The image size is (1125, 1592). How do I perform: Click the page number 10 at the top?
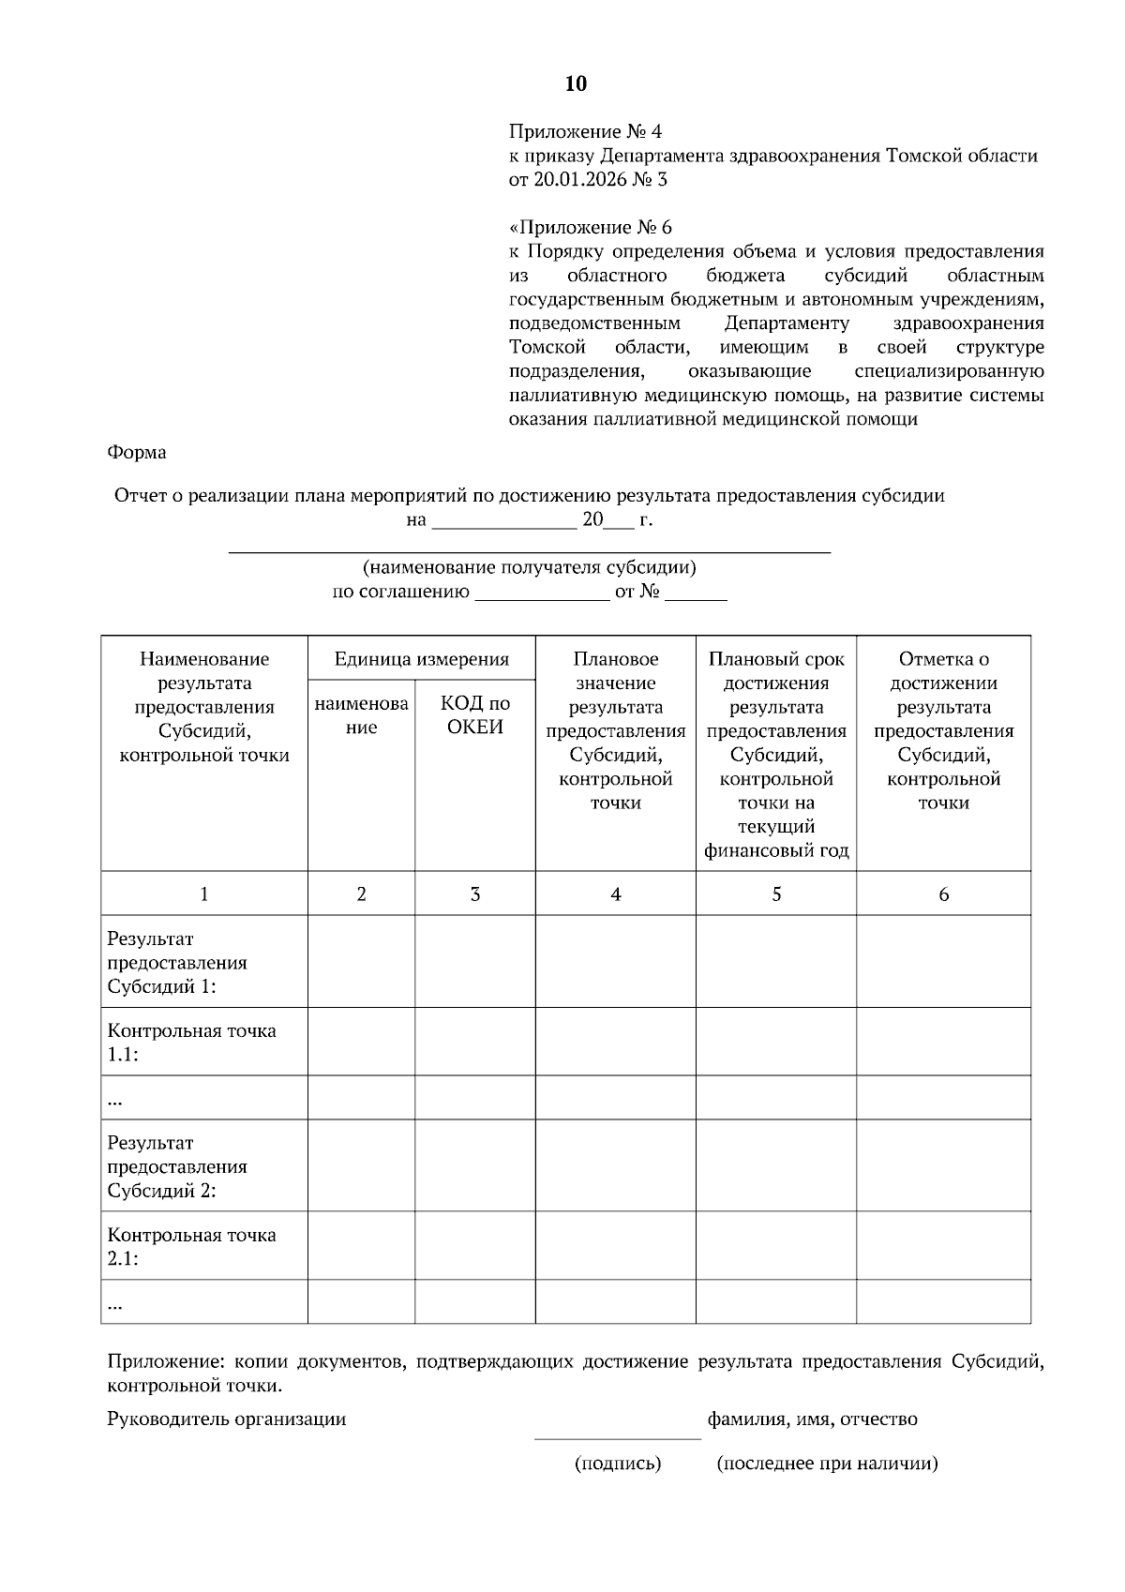(x=576, y=84)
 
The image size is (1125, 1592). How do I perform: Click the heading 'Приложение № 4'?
(x=585, y=131)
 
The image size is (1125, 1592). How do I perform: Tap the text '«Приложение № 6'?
(x=591, y=228)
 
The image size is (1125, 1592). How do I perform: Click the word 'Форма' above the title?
(x=137, y=453)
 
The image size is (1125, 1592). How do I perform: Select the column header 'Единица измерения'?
(x=422, y=659)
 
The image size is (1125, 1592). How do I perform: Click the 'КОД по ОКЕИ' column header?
(x=475, y=715)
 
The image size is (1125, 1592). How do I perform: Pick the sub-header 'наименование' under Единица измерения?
(x=361, y=715)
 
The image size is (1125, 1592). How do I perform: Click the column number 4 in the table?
(x=616, y=894)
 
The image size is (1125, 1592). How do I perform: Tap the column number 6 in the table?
(x=943, y=894)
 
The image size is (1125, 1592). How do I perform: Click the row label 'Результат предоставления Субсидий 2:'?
(x=177, y=1167)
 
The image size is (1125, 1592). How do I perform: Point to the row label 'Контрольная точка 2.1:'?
(x=191, y=1247)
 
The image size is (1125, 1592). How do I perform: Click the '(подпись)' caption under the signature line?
(x=618, y=1464)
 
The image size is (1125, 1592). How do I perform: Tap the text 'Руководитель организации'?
(x=227, y=1419)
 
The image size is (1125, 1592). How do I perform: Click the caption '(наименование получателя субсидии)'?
(x=530, y=567)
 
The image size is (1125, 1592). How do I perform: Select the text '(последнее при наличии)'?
(x=827, y=1464)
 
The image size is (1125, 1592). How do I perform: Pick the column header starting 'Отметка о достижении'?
(x=943, y=731)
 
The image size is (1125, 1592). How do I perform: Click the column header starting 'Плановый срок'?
(x=776, y=755)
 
